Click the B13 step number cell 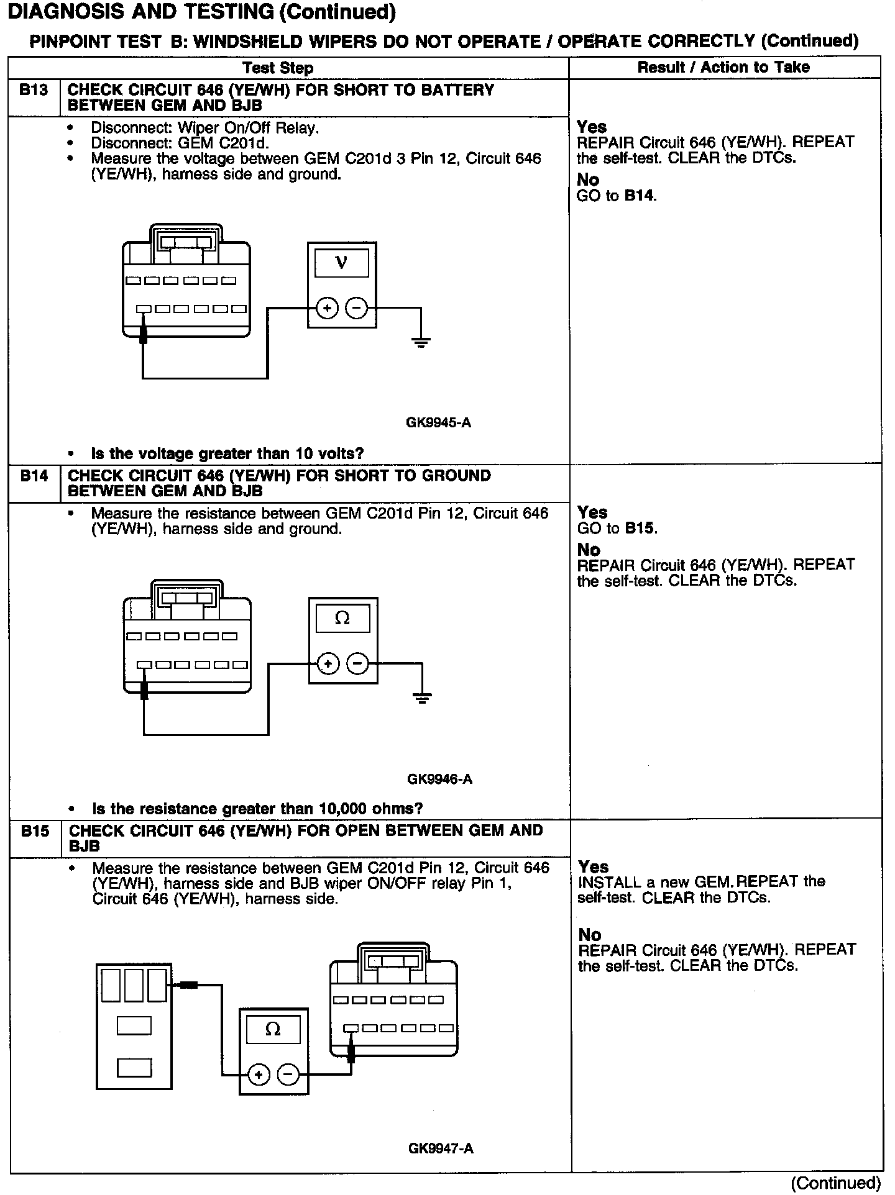(34, 91)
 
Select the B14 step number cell (34, 476)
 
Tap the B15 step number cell (35, 831)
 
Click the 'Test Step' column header (278, 68)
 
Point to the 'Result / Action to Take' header (723, 67)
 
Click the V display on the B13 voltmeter (341, 263)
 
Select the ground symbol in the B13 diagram (421, 341)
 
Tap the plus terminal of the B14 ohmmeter (328, 664)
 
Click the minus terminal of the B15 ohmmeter (288, 1074)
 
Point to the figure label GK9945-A (438, 423)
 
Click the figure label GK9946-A (439, 779)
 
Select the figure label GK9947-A (441, 1148)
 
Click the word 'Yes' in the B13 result (591, 127)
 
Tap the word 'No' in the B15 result (590, 935)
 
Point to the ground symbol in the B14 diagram (422, 697)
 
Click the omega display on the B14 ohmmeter (342, 619)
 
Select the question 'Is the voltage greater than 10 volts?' (227, 453)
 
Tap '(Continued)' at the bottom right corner (836, 1183)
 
